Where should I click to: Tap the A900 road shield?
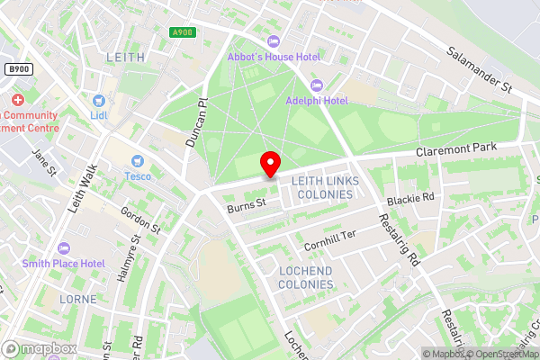click(183, 32)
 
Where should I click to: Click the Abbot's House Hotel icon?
click(274, 42)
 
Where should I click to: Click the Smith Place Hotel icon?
click(63, 247)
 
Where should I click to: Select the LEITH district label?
click(125, 57)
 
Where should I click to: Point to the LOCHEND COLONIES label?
click(305, 277)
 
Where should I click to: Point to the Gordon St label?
click(140, 220)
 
